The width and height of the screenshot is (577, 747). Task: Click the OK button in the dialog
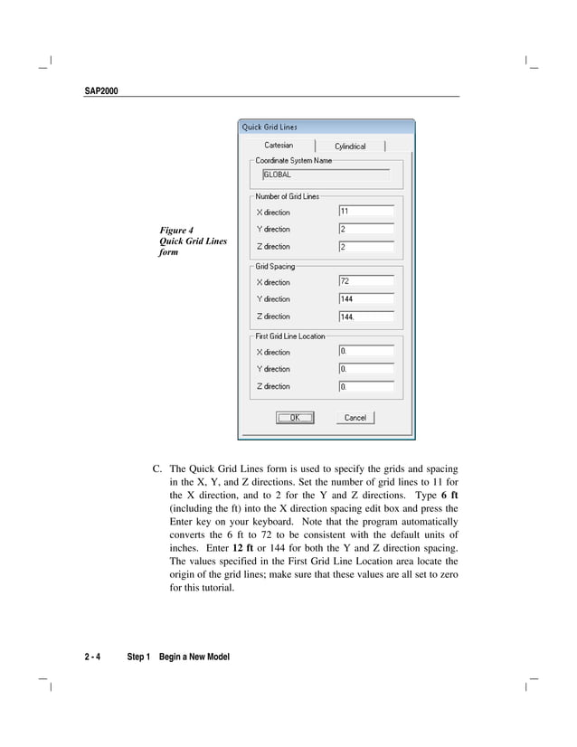(294, 418)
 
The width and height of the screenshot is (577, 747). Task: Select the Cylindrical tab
(350, 147)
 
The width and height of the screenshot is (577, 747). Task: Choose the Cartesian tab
(278, 146)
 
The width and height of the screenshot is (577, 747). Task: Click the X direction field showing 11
(365, 212)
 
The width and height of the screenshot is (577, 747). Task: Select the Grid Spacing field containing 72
(365, 281)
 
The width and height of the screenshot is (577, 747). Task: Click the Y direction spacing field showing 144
(365, 298)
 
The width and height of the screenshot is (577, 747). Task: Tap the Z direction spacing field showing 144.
(365, 317)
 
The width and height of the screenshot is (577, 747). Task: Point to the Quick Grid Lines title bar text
(270, 128)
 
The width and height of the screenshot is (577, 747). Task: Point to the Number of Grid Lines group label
(287, 196)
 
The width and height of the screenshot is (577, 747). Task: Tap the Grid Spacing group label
(275, 267)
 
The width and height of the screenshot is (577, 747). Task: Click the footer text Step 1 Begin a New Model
(178, 657)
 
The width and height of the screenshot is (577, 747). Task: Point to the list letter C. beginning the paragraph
(157, 469)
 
